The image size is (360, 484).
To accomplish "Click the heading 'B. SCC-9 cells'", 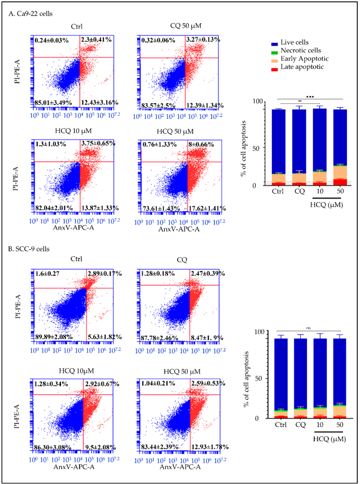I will click(x=33, y=248).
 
